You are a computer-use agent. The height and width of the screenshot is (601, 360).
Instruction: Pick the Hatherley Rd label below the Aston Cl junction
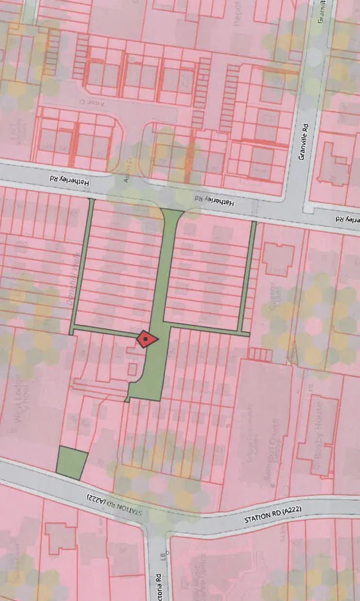click(214, 201)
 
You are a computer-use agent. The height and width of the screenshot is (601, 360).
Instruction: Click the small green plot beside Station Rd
click(71, 462)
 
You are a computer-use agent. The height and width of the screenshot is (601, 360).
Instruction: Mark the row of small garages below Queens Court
click(261, 354)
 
